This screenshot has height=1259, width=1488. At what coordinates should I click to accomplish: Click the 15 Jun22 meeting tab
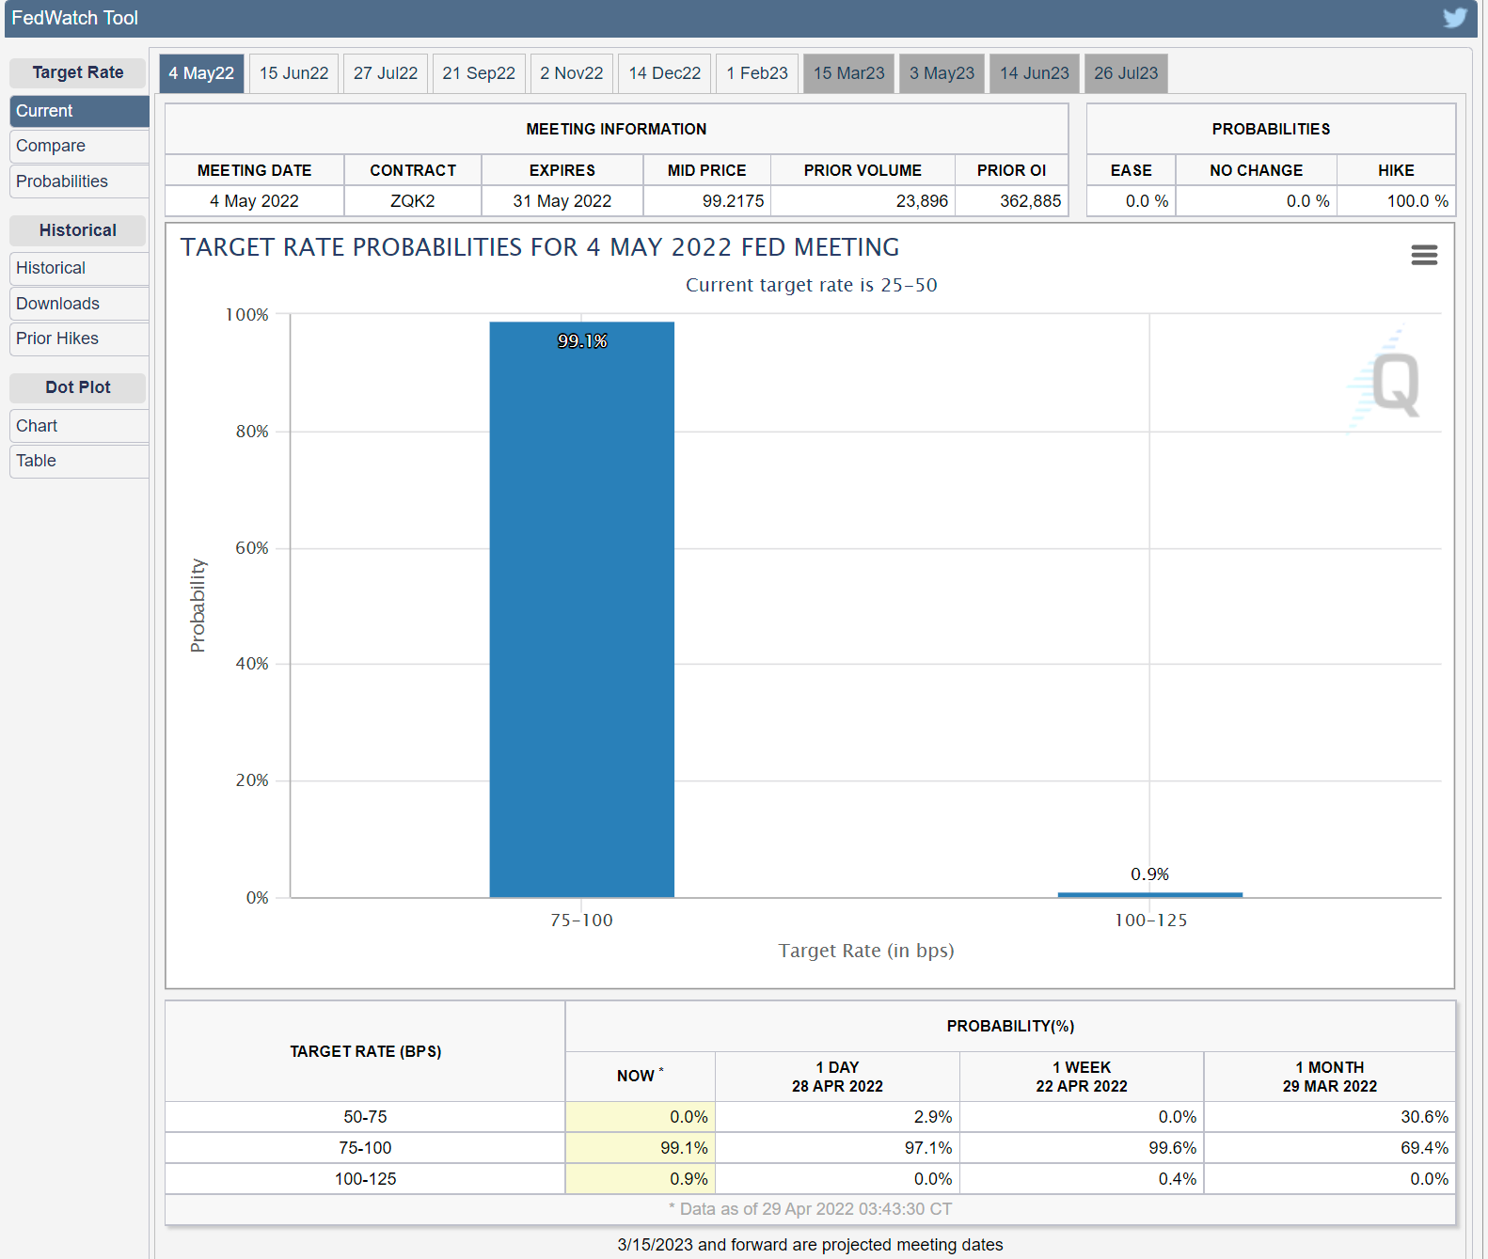click(x=293, y=73)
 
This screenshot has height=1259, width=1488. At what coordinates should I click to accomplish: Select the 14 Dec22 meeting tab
click(x=664, y=73)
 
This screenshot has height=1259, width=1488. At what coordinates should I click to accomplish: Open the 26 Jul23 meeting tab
click(x=1125, y=73)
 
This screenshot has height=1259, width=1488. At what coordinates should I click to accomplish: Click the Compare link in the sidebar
click(x=51, y=146)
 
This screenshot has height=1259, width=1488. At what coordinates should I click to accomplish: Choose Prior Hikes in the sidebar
click(x=57, y=338)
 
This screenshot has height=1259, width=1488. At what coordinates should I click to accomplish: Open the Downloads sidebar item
click(x=57, y=304)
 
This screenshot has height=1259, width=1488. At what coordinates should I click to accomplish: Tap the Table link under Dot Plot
click(x=37, y=461)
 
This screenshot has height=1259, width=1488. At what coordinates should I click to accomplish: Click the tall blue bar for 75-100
click(x=581, y=611)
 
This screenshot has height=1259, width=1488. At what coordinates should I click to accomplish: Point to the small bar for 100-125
click(x=1149, y=894)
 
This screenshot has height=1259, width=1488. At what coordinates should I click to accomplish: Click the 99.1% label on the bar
click(x=582, y=341)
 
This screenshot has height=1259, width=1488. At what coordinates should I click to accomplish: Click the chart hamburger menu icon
click(x=1424, y=255)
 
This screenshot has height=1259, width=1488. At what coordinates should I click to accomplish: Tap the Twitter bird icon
click(x=1455, y=18)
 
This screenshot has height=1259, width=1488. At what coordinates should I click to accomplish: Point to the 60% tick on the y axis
click(x=252, y=548)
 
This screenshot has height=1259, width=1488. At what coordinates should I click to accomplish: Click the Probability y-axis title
click(x=198, y=606)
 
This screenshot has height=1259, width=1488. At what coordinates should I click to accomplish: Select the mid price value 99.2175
click(x=733, y=201)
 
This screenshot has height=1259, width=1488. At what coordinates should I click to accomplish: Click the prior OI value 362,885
click(x=1030, y=201)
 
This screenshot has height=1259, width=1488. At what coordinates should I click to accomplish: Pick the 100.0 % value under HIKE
click(x=1417, y=201)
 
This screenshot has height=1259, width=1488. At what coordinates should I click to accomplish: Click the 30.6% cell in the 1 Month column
click(x=1424, y=1117)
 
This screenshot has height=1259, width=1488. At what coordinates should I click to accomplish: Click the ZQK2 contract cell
click(x=412, y=201)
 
